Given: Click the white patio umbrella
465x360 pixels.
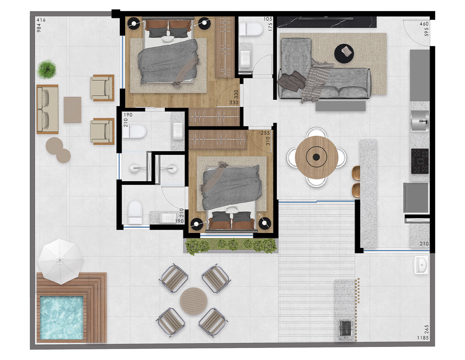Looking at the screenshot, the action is [61, 261].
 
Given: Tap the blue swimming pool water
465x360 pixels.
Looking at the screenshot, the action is [62, 317].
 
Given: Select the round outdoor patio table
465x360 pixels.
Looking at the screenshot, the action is [194, 301].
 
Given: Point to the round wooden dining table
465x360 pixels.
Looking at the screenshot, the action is [316, 157].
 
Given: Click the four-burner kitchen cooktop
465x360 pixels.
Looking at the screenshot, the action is [420, 161].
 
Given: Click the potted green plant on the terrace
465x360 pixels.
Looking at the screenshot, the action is [47, 69].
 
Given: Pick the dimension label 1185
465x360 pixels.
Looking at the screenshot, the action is [423, 338].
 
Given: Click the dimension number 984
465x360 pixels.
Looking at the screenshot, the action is [39, 28].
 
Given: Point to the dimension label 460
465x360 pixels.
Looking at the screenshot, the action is [424, 24].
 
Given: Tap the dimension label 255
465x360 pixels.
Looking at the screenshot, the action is [265, 133].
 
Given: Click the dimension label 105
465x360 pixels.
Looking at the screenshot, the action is [268, 19].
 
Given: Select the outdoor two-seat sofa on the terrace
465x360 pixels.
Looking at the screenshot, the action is [48, 109].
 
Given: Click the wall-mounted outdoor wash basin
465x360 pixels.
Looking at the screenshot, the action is [421, 265].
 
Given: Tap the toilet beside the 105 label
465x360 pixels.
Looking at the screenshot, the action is [251, 29].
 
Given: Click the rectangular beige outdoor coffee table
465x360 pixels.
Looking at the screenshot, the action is [72, 110].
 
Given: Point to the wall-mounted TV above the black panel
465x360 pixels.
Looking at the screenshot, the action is [326, 19].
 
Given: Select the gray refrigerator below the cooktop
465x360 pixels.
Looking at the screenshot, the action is [416, 197].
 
